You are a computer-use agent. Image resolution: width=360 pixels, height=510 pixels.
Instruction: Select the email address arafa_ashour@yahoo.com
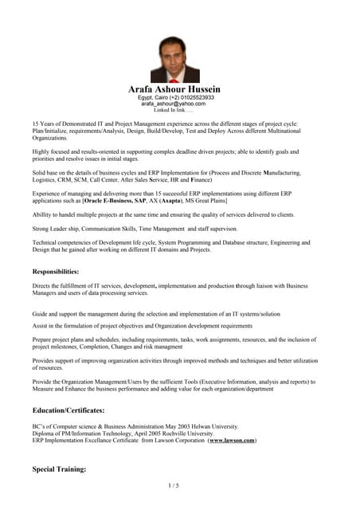174,104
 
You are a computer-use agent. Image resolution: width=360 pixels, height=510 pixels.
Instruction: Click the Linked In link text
173,110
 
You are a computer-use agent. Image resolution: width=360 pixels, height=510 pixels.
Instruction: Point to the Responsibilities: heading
56,272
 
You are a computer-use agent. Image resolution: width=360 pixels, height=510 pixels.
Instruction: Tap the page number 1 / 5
174,484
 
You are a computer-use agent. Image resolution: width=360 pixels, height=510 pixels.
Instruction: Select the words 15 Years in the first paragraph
43,124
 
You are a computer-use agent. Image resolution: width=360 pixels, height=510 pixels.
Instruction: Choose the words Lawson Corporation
172,440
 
